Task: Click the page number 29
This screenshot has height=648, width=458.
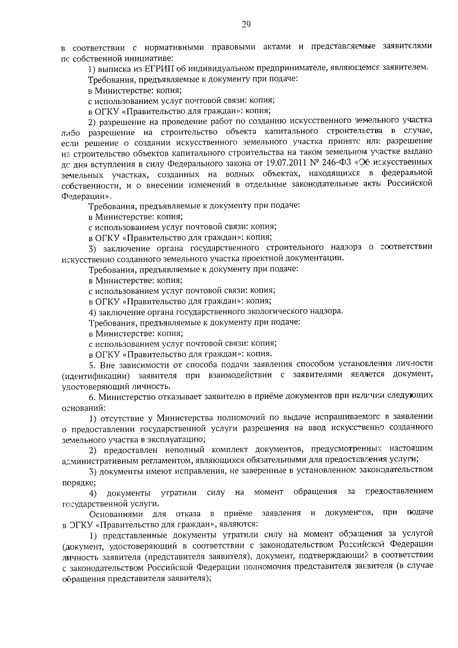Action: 246,25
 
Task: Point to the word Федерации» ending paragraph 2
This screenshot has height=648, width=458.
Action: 87,196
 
